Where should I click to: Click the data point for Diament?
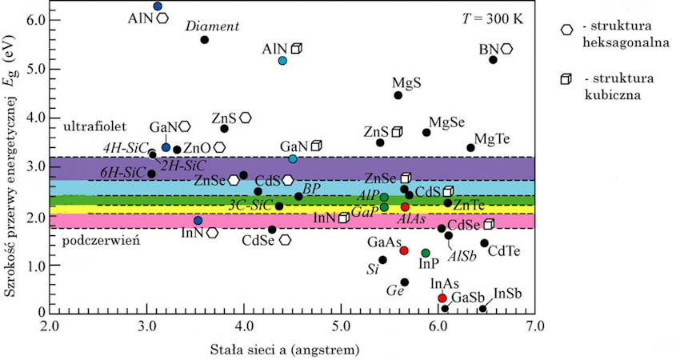pyautogui.click(x=204, y=39)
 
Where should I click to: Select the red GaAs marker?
pyautogui.click(x=404, y=250)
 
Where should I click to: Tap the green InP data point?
pyautogui.click(x=426, y=253)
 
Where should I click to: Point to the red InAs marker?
pyautogui.click(x=442, y=298)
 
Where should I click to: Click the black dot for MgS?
pyautogui.click(x=398, y=95)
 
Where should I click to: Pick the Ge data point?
pyautogui.click(x=405, y=282)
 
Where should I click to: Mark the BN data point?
pyautogui.click(x=493, y=59)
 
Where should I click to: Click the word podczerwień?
pyautogui.click(x=90, y=241)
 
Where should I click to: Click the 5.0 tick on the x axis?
pyautogui.click(x=342, y=326)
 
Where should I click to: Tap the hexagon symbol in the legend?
pyautogui.click(x=567, y=30)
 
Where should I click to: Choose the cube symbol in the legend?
pyautogui.click(x=567, y=79)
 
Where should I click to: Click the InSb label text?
pyautogui.click(x=508, y=294)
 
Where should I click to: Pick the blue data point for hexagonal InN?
pyautogui.click(x=198, y=220)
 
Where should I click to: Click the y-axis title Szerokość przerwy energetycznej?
pyautogui.click(x=11, y=160)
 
